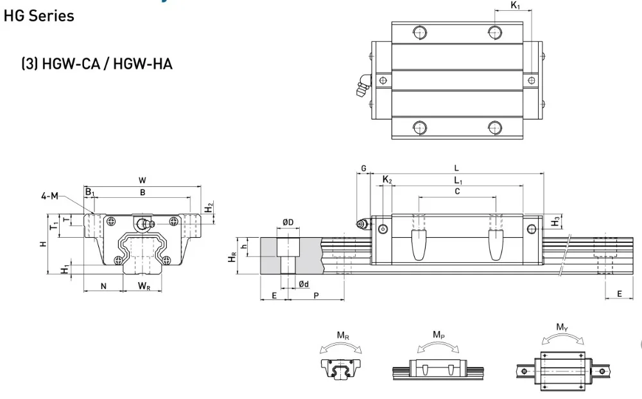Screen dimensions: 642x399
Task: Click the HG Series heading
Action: tap(39, 15)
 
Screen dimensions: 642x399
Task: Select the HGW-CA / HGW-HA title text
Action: tap(97, 64)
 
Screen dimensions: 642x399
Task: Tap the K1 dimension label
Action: tap(516, 5)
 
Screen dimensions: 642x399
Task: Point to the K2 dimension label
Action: tap(387, 180)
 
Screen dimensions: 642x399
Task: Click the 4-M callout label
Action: tap(50, 196)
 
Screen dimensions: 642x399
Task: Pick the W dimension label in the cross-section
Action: tap(142, 180)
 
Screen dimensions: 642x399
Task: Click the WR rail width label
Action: tap(144, 286)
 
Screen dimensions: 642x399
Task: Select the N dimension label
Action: tap(103, 287)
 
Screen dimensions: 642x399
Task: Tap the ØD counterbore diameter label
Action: tap(288, 222)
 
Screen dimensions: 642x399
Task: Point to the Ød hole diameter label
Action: tap(304, 284)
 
